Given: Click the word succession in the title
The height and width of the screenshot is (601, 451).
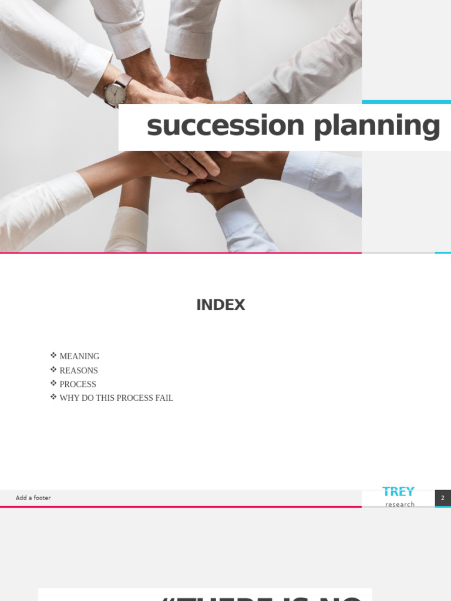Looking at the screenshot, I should point(225,126).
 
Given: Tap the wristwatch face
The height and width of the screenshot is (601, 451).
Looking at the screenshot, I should point(115,92).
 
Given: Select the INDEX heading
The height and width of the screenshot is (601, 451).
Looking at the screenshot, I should point(220,305).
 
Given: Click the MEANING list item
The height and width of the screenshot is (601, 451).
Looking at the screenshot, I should point(79,356).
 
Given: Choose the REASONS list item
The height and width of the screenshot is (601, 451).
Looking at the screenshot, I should point(79,370).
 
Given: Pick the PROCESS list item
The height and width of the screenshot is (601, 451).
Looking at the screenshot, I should point(78,384).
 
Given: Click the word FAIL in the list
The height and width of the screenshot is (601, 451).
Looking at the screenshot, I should point(164,398).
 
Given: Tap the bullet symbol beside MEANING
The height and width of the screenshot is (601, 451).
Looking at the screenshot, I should point(53,355).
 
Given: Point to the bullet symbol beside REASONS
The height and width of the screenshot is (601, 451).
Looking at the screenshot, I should point(53,369).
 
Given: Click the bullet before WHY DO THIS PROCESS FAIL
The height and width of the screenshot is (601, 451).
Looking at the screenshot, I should point(53,397).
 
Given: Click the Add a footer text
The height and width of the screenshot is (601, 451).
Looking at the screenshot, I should point(33,498).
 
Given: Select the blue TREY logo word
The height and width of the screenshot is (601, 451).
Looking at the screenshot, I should point(398,492).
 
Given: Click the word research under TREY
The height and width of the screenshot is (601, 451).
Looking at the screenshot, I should point(400,504).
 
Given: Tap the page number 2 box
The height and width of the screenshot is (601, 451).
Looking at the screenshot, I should point(443,498).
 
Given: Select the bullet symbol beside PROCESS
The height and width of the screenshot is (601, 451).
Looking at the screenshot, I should point(53,383).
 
